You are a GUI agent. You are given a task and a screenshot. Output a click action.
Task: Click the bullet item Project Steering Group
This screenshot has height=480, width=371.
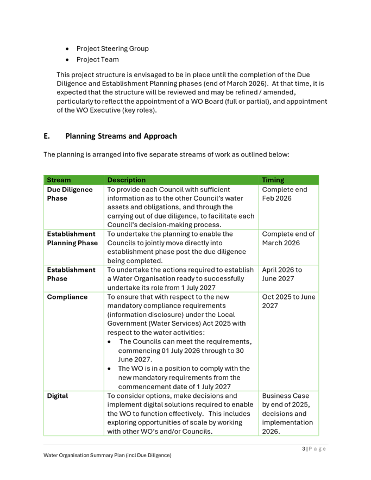112,49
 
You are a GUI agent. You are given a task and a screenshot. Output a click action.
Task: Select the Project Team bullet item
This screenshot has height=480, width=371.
98,60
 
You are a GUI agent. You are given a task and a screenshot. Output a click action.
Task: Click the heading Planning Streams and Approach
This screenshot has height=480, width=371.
121,136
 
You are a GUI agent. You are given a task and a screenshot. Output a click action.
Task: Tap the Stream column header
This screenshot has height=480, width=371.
59,180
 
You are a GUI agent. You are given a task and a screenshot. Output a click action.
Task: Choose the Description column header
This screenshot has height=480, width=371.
127,180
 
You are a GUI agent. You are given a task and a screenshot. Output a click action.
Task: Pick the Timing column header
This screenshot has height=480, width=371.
273,180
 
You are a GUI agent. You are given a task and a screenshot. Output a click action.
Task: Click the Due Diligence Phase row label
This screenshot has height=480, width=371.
70,194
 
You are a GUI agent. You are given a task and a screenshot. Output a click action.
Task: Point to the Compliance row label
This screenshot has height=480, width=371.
67,297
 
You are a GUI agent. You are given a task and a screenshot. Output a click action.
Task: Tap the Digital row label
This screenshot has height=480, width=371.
58,396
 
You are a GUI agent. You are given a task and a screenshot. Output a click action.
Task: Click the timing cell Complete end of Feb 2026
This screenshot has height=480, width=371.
284,194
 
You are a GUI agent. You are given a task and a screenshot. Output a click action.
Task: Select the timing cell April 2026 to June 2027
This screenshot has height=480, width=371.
282,274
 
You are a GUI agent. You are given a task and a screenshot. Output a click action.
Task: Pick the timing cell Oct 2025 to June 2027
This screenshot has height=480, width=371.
288,301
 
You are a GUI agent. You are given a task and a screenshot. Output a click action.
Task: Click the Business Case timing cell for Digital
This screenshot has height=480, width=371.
287,413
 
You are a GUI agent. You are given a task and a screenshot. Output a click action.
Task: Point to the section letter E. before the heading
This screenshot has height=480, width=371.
47,136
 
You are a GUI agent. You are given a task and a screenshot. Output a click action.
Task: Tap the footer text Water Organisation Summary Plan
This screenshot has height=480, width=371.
107,455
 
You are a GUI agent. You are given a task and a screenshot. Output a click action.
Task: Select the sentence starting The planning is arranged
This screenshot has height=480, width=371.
166,155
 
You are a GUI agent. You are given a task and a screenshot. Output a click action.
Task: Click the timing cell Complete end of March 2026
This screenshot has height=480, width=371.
288,238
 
